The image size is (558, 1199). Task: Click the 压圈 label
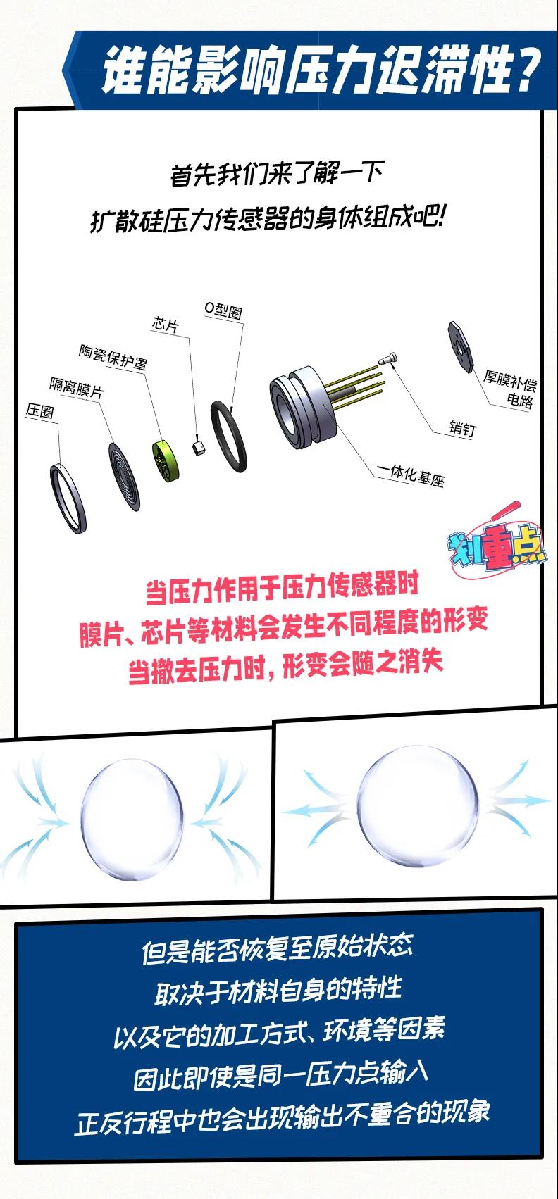tap(40, 411)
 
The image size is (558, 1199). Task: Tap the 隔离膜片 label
tap(76, 387)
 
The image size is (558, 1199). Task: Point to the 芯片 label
tap(166, 325)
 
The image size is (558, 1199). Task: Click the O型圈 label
tap(223, 310)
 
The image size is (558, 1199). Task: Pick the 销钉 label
tap(462, 427)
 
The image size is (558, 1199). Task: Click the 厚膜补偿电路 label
tap(510, 389)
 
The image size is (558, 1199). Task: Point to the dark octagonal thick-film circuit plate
tap(461, 346)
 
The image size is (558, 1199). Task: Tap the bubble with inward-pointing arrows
tap(130, 819)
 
